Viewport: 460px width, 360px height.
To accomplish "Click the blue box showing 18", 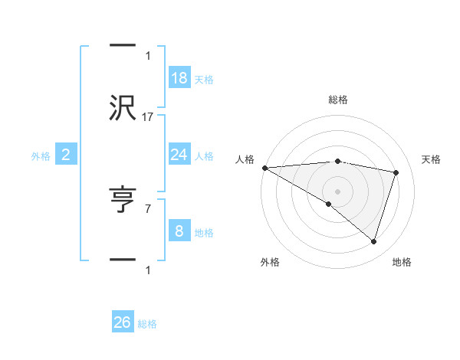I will pos(179,77).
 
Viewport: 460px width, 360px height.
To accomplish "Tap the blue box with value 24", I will pos(179,155).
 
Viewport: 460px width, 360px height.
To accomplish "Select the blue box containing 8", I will pos(179,231).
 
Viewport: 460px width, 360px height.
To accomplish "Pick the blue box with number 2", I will pos(66,155).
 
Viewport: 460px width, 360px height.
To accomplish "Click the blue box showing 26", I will pos(123,322).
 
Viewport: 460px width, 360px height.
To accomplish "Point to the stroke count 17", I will pos(148,117).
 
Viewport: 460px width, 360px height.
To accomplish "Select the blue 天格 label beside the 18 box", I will pos(204,80).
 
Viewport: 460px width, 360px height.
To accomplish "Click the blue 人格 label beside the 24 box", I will pos(204,156).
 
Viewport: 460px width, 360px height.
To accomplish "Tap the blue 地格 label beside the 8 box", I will pos(204,233).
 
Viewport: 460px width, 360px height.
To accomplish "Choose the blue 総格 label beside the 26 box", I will pos(147,325).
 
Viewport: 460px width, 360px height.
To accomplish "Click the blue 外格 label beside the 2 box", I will pos(41,156).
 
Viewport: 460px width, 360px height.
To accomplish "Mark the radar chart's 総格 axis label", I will pos(338,100).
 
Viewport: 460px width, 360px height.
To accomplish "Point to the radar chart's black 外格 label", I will pos(270,262).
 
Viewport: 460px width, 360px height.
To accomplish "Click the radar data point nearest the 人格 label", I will pos(264,168).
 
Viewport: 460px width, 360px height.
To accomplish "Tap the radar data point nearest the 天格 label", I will pos(396,172).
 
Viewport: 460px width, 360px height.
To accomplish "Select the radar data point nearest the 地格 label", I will pos(373,241).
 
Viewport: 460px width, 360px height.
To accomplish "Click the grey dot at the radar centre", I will pos(337,191).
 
